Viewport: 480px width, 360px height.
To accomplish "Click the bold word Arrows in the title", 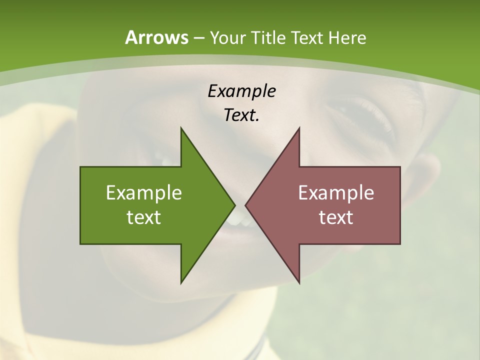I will pos(156,37).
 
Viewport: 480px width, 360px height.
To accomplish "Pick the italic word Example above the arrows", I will pos(241,91).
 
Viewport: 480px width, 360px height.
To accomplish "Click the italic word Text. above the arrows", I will pos(241,115).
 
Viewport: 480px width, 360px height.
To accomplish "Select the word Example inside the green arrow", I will pos(144,193).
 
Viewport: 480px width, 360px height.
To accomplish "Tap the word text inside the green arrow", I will pos(144,217).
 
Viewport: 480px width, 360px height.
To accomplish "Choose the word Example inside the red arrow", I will pos(336,193).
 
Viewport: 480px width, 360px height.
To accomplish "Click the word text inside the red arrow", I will pos(336,217).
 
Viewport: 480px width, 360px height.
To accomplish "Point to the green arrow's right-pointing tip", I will pos(234,205).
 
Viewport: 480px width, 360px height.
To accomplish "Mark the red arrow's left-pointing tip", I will pos(246,205).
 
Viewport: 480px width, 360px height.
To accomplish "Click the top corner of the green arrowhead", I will pos(181,128).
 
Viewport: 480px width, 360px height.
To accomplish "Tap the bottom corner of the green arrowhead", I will pos(181,282).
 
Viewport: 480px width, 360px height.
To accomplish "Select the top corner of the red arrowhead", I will pos(299,128).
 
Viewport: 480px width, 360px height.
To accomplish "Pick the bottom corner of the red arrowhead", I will pos(299,282).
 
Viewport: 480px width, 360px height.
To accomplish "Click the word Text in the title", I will pos(306,38).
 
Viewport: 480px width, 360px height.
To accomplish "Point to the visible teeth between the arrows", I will pos(239,220).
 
